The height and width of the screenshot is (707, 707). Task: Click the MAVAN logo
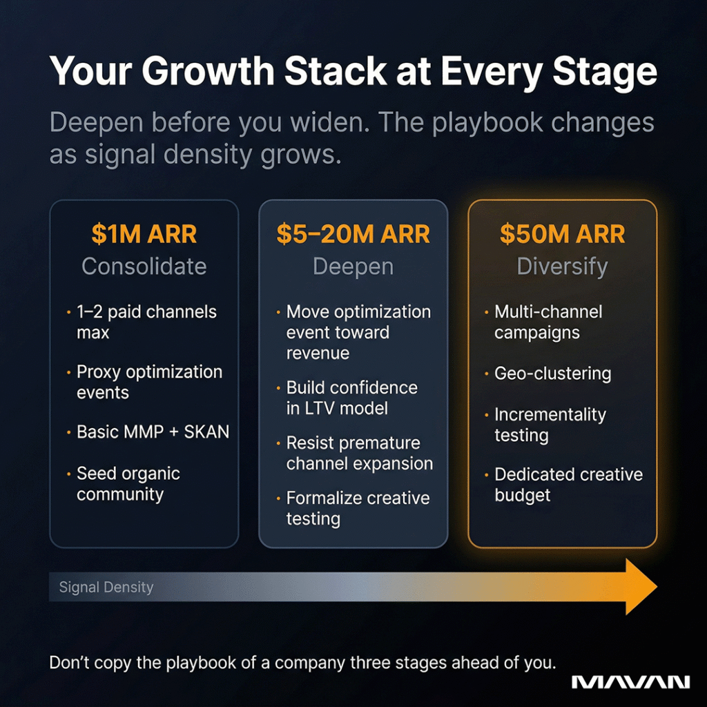pos(630,682)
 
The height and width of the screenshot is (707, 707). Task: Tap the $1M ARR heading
pos(144,234)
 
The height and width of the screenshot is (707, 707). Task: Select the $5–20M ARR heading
pos(353,234)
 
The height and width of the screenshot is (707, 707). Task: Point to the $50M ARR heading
pos(562,234)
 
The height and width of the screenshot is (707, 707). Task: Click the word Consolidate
pos(144,267)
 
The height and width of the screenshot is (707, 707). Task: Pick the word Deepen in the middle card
pos(353,267)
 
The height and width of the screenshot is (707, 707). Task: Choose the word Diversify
pos(562,267)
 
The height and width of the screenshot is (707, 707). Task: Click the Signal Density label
pos(106,588)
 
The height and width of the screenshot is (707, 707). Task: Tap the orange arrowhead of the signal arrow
pos(639,587)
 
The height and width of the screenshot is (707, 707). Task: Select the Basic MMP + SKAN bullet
pos(153,432)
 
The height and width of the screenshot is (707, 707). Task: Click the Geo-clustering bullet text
pos(552,374)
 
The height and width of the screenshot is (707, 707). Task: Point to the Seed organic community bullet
pos(128,484)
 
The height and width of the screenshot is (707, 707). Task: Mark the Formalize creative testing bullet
pos(357,508)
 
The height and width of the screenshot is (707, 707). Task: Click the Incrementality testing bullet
pos(550,425)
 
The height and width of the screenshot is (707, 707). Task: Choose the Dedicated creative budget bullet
pos(568,485)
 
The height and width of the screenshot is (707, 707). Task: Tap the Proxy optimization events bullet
pos(149,382)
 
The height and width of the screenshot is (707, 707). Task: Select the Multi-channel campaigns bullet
pos(548,322)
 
